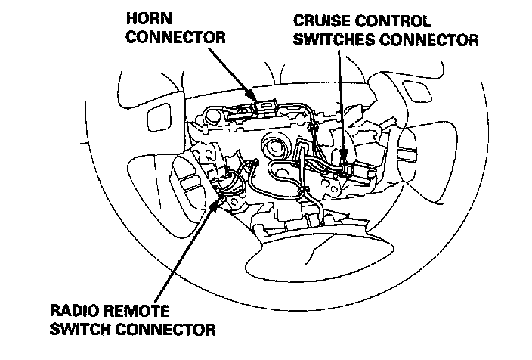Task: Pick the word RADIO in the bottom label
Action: pyautogui.click(x=72, y=310)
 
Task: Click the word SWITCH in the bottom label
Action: pyautogui.click(x=82, y=329)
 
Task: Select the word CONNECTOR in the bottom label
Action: pyautogui.click(x=171, y=329)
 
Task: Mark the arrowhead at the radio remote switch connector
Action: pyautogui.click(x=219, y=198)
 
